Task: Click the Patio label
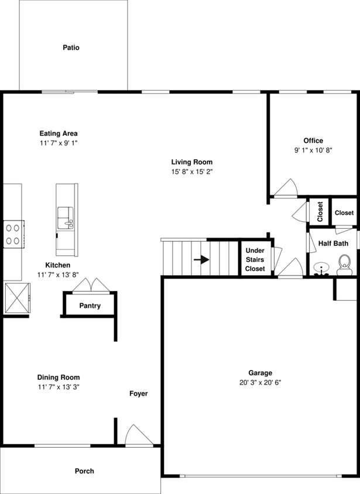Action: click(x=71, y=47)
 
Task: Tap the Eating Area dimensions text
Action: click(x=59, y=143)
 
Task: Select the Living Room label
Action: click(x=191, y=162)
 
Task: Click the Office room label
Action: click(x=313, y=140)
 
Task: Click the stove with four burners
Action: click(x=13, y=234)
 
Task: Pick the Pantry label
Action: click(x=90, y=306)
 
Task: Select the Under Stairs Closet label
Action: click(x=255, y=259)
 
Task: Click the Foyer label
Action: click(x=139, y=394)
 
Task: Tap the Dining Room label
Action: click(x=59, y=378)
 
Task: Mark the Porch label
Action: click(x=84, y=471)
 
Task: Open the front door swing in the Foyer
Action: click(x=138, y=435)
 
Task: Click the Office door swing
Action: click(x=287, y=188)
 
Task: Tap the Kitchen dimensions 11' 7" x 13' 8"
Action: click(x=59, y=275)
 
